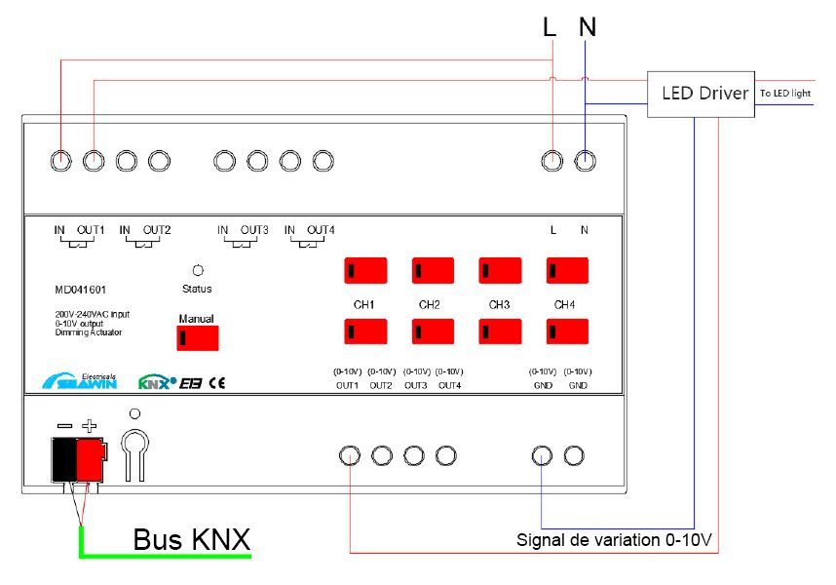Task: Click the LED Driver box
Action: click(x=701, y=94)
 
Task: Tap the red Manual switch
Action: click(x=198, y=338)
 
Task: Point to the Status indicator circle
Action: click(x=198, y=270)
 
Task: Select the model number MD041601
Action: click(x=81, y=290)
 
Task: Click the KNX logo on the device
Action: click(x=157, y=382)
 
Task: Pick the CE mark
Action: click(x=217, y=383)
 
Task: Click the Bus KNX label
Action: click(x=191, y=539)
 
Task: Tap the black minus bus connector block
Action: click(x=64, y=459)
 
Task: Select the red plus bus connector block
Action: click(x=91, y=459)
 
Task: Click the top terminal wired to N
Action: click(x=585, y=161)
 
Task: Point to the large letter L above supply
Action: click(x=550, y=26)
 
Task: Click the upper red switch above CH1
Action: click(x=365, y=270)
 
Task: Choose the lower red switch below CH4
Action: click(x=567, y=331)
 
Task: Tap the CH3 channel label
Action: click(x=499, y=305)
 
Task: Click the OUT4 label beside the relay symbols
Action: click(x=321, y=230)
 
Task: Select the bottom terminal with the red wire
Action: click(x=350, y=456)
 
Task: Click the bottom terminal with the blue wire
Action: click(x=542, y=456)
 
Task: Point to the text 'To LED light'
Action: click(x=785, y=94)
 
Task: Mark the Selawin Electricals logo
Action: click(x=80, y=381)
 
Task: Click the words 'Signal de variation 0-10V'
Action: click(x=614, y=540)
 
